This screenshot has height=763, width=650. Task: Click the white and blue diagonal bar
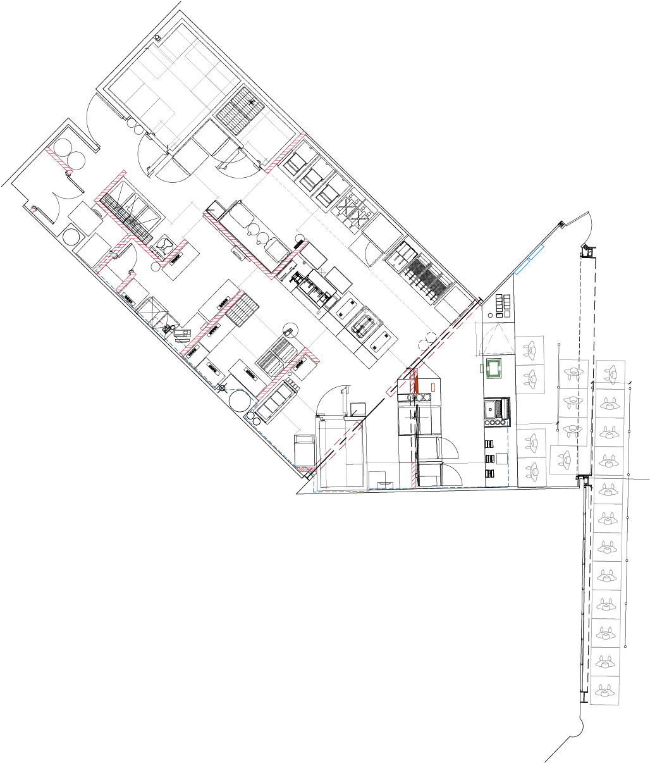pyautogui.click(x=529, y=259)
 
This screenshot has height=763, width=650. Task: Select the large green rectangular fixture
pyautogui.click(x=494, y=368)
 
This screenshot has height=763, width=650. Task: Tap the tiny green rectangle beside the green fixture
pyautogui.click(x=481, y=368)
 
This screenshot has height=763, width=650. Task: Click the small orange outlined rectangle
pyautogui.click(x=433, y=387)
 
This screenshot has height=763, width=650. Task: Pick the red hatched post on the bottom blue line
pyautogui.click(x=414, y=475)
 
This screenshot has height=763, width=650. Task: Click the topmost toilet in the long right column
pyautogui.click(x=611, y=375)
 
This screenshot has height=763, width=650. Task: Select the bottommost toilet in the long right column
pyautogui.click(x=604, y=690)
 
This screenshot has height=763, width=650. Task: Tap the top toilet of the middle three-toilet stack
pyautogui.click(x=573, y=373)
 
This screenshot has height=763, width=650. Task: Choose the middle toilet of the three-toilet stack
pyautogui.click(x=573, y=402)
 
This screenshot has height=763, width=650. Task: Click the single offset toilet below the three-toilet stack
pyautogui.click(x=564, y=459)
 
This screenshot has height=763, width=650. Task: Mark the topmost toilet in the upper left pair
pyautogui.click(x=529, y=350)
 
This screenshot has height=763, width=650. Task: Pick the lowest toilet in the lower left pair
pyautogui.click(x=532, y=472)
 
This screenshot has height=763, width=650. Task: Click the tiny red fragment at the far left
pyautogui.click(x=33, y=210)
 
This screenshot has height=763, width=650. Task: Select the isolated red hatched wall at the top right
pyautogui.click(x=285, y=152)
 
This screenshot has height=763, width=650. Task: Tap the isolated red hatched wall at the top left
pyautogui.click(x=59, y=160)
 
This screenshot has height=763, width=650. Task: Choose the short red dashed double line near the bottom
pyautogui.click(x=338, y=447)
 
